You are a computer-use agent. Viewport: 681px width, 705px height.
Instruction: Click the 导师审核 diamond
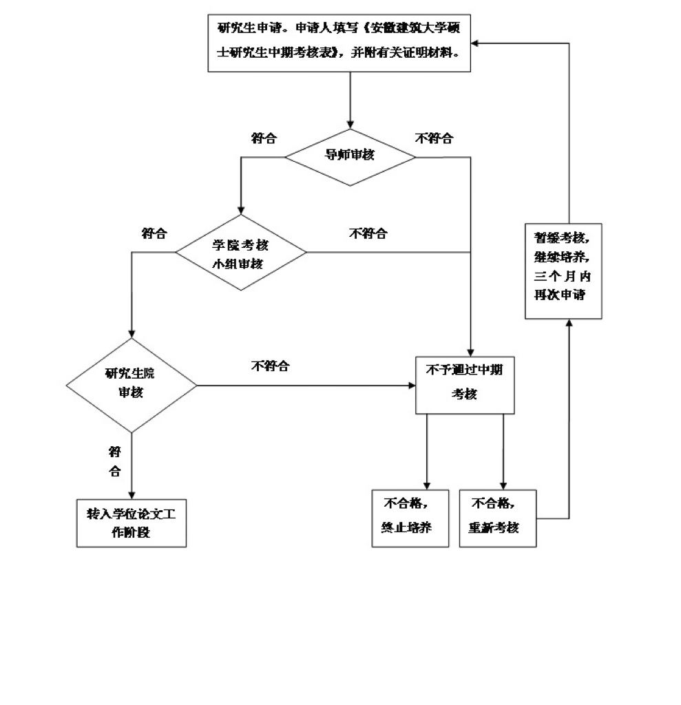(350, 156)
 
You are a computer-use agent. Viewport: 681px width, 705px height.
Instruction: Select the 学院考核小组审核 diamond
(240, 253)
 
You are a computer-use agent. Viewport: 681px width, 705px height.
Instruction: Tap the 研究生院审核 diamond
(131, 384)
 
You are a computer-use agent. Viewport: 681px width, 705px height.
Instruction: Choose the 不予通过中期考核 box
(465, 384)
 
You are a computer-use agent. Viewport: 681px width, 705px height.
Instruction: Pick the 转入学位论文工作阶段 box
(131, 523)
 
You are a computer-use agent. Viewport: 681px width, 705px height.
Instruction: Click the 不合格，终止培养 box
(410, 518)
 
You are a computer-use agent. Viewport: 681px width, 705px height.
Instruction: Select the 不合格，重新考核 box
(497, 518)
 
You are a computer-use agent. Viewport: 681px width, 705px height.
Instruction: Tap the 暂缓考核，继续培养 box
(563, 271)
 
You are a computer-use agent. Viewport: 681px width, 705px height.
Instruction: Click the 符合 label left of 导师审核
(264, 138)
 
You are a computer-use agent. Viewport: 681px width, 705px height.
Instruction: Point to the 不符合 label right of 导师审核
(434, 138)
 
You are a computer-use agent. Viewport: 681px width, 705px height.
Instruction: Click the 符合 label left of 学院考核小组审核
(154, 233)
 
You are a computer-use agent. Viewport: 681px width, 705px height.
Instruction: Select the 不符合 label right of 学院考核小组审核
(368, 233)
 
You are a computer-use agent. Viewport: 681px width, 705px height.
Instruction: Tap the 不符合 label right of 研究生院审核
(270, 366)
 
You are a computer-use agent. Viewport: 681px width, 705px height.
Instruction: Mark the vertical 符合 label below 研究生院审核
(115, 461)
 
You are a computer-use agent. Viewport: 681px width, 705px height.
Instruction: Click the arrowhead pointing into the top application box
(476, 43)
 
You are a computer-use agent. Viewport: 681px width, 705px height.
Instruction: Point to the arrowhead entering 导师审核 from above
(350, 124)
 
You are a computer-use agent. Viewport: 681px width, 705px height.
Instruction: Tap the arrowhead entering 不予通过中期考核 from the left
(410, 385)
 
